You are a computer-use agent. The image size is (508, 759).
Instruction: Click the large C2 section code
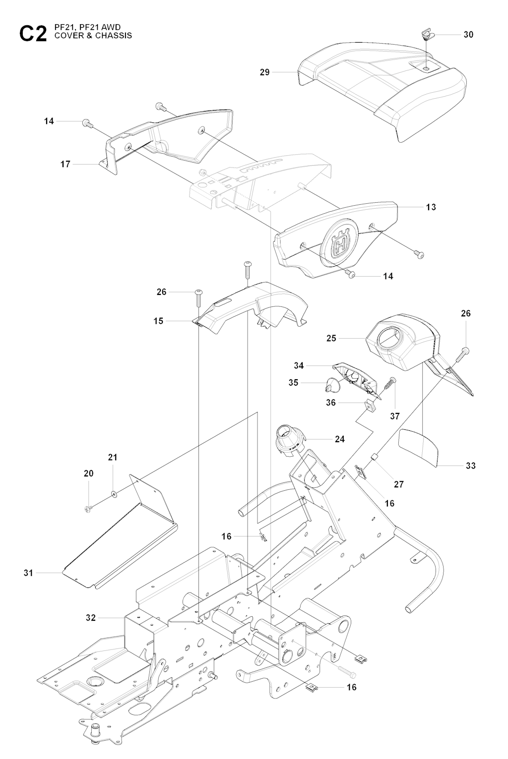pos(33,34)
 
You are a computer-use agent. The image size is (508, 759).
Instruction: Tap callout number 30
pos(468,35)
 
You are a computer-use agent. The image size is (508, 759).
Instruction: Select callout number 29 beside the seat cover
pos(265,72)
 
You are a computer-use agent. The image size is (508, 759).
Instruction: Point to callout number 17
pos(65,164)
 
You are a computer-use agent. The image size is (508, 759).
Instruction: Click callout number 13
pos(431,207)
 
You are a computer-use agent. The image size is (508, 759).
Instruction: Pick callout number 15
pos(158,321)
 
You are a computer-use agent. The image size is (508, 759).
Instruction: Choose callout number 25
pos(331,338)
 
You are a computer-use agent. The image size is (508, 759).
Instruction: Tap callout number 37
pos(395,416)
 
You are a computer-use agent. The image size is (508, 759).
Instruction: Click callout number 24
pos(339,439)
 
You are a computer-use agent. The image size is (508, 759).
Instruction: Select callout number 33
pos(471,466)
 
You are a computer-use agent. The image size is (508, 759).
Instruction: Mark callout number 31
pos(28,573)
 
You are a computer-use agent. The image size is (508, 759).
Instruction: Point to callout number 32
pos(91,618)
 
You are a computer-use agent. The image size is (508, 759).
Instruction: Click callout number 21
pos(113,458)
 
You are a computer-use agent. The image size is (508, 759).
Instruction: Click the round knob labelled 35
pos(331,384)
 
